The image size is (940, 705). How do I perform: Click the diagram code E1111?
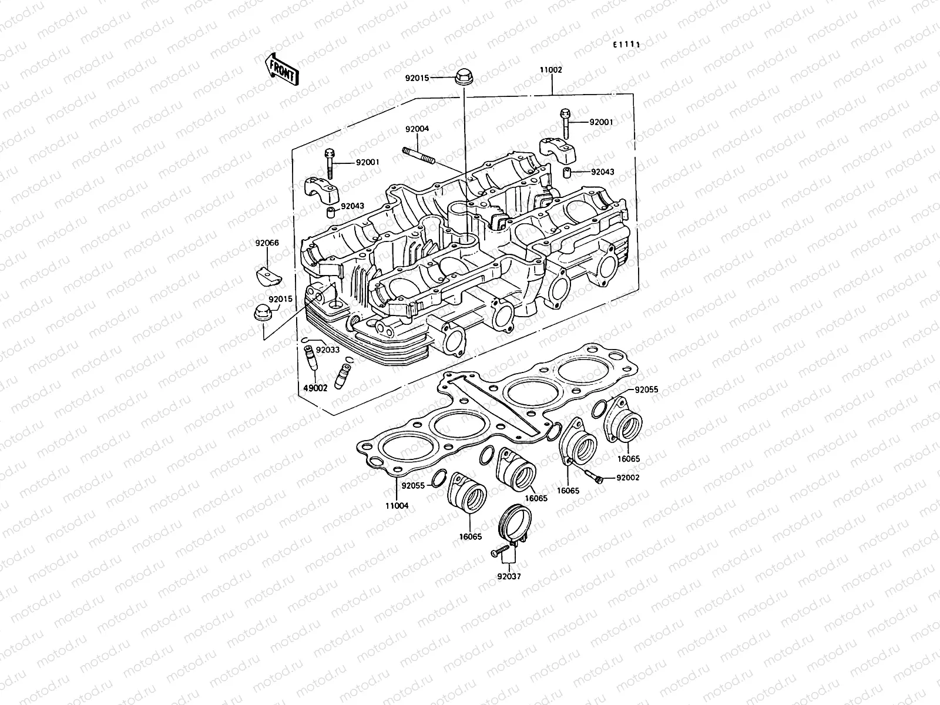click(626, 45)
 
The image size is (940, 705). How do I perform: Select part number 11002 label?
click(551, 70)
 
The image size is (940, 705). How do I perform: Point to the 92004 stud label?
click(417, 129)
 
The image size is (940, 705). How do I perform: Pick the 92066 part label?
click(267, 243)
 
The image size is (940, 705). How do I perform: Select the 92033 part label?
click(328, 350)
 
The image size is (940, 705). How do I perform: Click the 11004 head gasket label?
click(397, 506)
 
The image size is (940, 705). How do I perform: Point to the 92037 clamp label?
click(508, 576)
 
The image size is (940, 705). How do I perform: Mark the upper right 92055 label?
click(646, 390)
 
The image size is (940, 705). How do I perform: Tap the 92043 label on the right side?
click(602, 172)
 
